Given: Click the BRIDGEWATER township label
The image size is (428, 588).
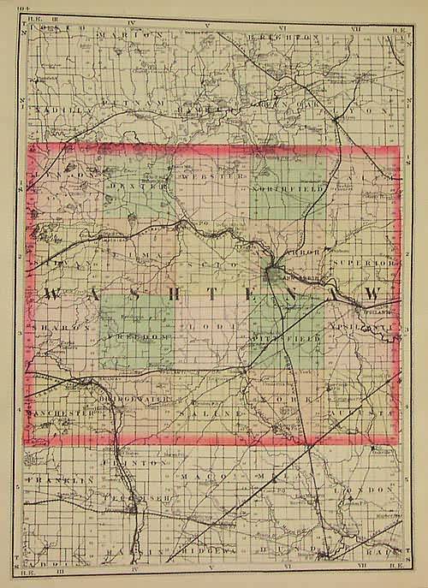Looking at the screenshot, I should (x=141, y=400).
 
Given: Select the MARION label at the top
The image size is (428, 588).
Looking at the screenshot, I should (x=128, y=34).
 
